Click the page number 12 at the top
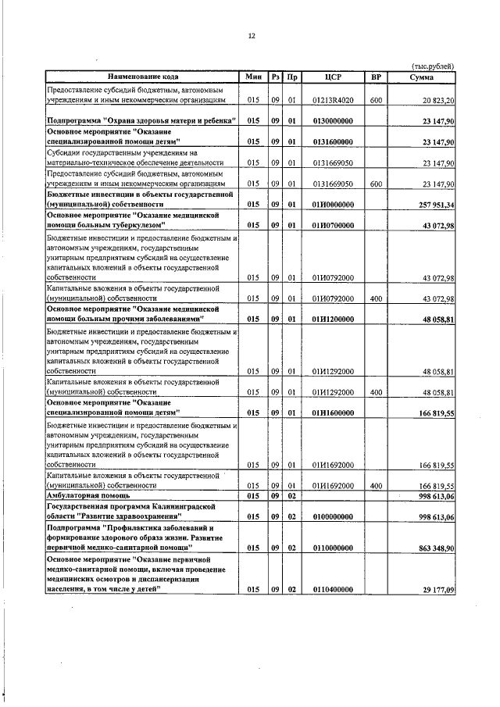251,35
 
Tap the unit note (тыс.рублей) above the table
432,66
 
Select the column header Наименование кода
143,77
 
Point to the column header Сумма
422,77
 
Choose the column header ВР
376,77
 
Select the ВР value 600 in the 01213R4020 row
376,101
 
